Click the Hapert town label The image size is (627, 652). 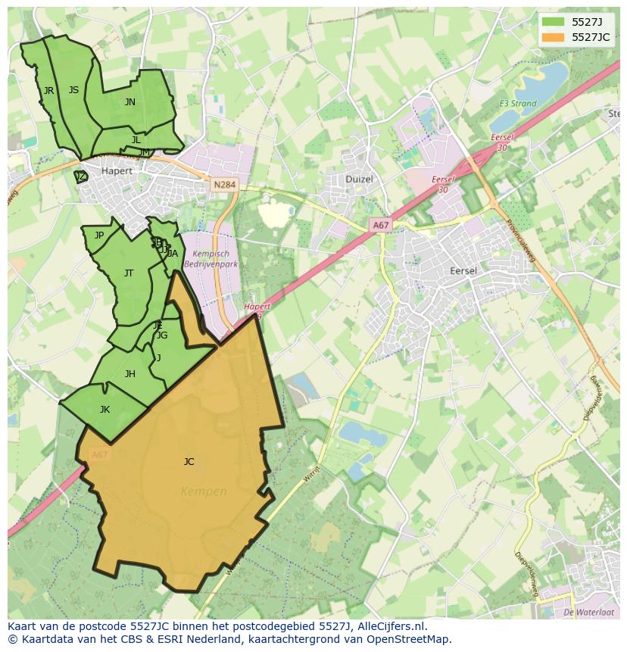coord(117,170)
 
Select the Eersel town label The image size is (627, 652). coord(463,270)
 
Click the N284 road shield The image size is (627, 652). coord(224,185)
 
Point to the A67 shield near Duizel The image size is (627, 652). coord(381,226)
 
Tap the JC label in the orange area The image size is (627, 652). coord(189,461)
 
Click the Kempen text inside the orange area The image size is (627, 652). coord(204,491)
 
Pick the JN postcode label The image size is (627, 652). coord(130,102)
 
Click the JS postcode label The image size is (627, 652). coord(73,90)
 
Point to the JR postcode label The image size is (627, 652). coord(48,91)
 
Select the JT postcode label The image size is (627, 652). coord(129,273)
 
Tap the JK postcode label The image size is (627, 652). coord(104,410)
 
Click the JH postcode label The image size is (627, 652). coord(130,374)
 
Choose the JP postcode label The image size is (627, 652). coord(99,236)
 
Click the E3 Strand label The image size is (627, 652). coord(518,104)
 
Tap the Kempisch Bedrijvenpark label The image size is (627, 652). coord(216,259)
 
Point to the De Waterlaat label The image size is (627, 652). coord(589,612)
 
